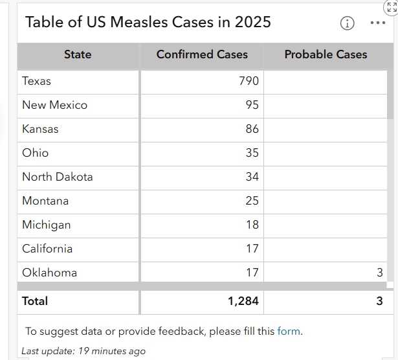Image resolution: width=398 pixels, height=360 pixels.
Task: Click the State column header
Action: (x=78, y=55)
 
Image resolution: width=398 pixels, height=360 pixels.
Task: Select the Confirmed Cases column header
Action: (x=202, y=55)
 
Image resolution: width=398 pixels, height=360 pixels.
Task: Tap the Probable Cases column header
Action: (x=326, y=55)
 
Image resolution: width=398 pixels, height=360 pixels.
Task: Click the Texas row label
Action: (x=36, y=81)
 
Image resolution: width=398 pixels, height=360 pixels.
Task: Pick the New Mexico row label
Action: (x=54, y=105)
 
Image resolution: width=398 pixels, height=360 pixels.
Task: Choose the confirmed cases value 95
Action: (x=252, y=105)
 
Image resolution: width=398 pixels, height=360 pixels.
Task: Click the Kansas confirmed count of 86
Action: (x=252, y=129)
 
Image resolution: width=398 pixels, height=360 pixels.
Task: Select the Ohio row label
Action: (x=35, y=153)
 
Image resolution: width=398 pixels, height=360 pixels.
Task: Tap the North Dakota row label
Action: (x=58, y=177)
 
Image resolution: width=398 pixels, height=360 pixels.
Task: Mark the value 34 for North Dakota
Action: (x=252, y=177)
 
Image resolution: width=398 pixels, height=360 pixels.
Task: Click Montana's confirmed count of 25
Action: (x=252, y=201)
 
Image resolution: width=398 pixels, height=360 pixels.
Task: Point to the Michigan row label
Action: (x=47, y=225)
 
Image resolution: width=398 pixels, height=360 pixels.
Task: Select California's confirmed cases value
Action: (x=252, y=249)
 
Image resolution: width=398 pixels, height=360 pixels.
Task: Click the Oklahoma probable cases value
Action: (x=380, y=273)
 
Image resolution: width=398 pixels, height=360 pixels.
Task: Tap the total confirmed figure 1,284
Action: (x=243, y=301)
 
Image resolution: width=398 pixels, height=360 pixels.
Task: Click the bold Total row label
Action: (x=35, y=301)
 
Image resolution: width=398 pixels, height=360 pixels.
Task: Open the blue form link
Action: (x=289, y=332)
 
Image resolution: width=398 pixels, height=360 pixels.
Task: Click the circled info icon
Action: (x=348, y=23)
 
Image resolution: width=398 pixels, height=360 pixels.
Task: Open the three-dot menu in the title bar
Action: (x=378, y=23)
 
